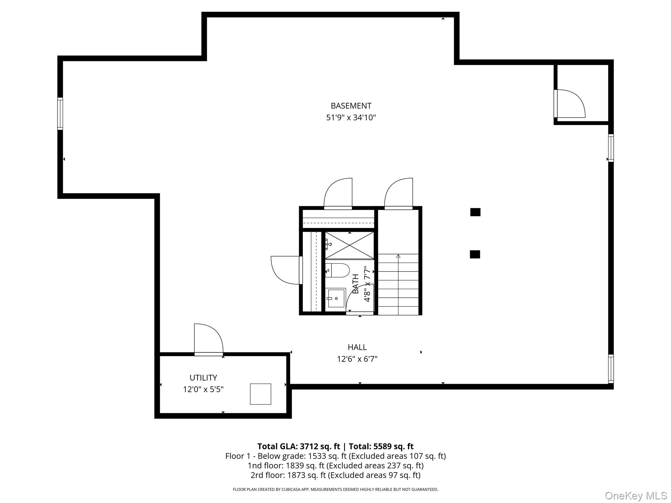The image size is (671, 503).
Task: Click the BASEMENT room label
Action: tap(351, 106)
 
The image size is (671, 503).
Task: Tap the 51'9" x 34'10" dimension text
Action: tap(351, 118)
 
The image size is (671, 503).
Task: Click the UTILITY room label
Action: tap(203, 378)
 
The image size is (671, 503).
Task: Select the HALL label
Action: tap(357, 347)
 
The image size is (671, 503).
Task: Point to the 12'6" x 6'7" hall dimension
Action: tap(357, 359)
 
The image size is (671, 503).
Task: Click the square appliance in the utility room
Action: tap(260, 394)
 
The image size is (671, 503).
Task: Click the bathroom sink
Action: tap(336, 298)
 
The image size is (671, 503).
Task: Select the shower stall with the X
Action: tap(350, 245)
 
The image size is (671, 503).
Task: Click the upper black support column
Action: tap(475, 212)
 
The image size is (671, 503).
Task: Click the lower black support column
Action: tap(475, 254)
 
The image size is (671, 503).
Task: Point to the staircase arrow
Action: tap(398, 256)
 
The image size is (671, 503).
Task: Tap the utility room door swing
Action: tap(208, 339)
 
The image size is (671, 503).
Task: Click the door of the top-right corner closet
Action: tap(569, 103)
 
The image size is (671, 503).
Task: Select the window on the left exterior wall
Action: tap(60, 114)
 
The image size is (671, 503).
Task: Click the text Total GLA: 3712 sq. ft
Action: tap(299, 446)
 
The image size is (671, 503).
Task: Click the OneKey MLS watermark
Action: tap(636, 495)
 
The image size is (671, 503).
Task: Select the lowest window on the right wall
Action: tap(611, 369)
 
